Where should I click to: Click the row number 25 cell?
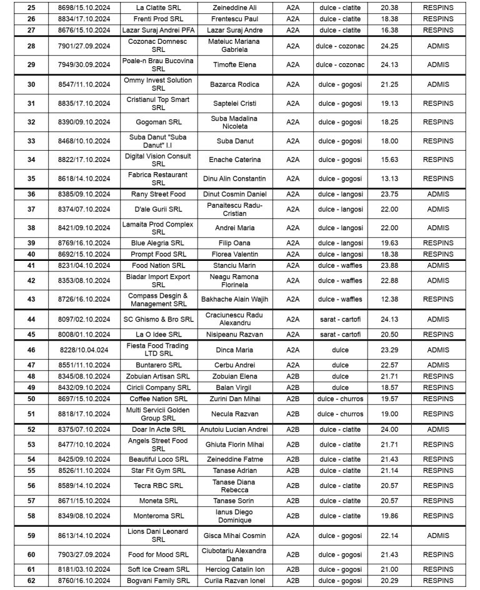coord(31,8)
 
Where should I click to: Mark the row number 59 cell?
coord(31,536)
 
